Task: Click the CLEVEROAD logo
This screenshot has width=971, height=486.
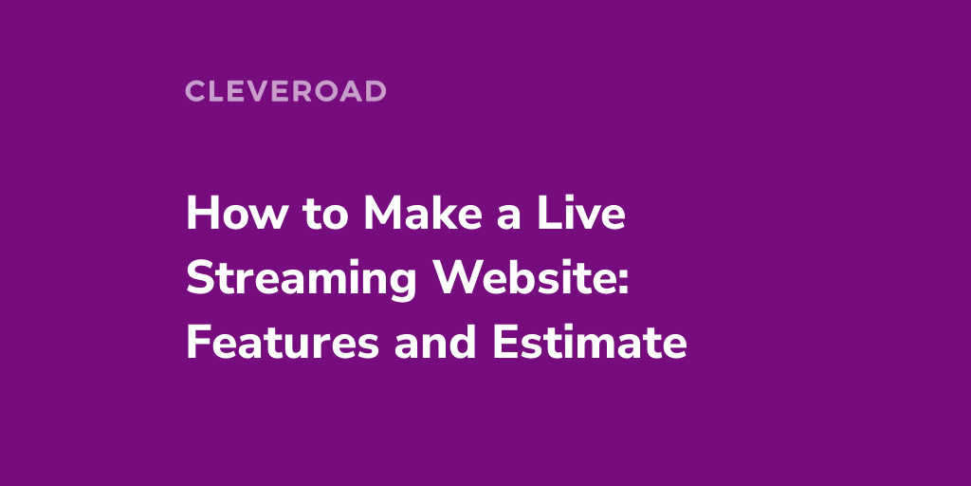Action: click(285, 91)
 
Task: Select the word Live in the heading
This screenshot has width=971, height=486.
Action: click(588, 214)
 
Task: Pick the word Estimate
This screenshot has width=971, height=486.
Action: click(589, 343)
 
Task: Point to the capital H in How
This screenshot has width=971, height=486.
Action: click(200, 214)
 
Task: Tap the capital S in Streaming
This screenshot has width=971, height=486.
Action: click(198, 278)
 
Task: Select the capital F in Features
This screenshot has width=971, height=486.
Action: click(197, 343)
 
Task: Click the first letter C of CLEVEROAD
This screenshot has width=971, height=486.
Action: click(194, 91)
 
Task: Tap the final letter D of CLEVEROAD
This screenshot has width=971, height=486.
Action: click(376, 91)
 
